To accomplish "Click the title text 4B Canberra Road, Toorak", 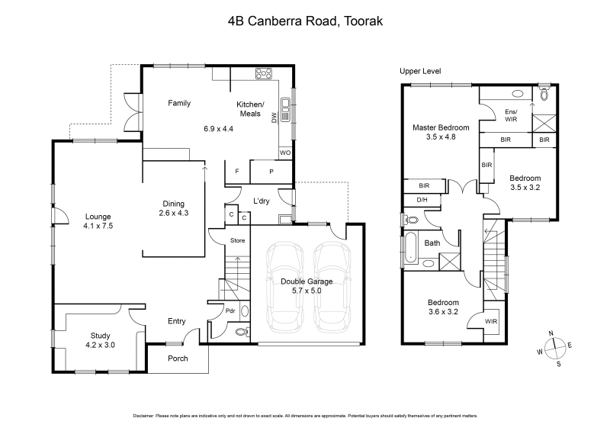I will (305, 21).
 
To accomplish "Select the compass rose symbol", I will (556, 348).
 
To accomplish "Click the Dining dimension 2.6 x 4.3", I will (175, 213).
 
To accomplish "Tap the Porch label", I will (177, 359).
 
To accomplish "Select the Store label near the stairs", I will (237, 242).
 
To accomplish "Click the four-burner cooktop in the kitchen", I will (265, 74).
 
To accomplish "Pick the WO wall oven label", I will (284, 153).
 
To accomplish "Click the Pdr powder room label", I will (230, 310).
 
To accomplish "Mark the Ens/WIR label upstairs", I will (511, 115).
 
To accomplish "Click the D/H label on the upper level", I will (421, 201).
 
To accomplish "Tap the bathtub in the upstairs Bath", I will (409, 249).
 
